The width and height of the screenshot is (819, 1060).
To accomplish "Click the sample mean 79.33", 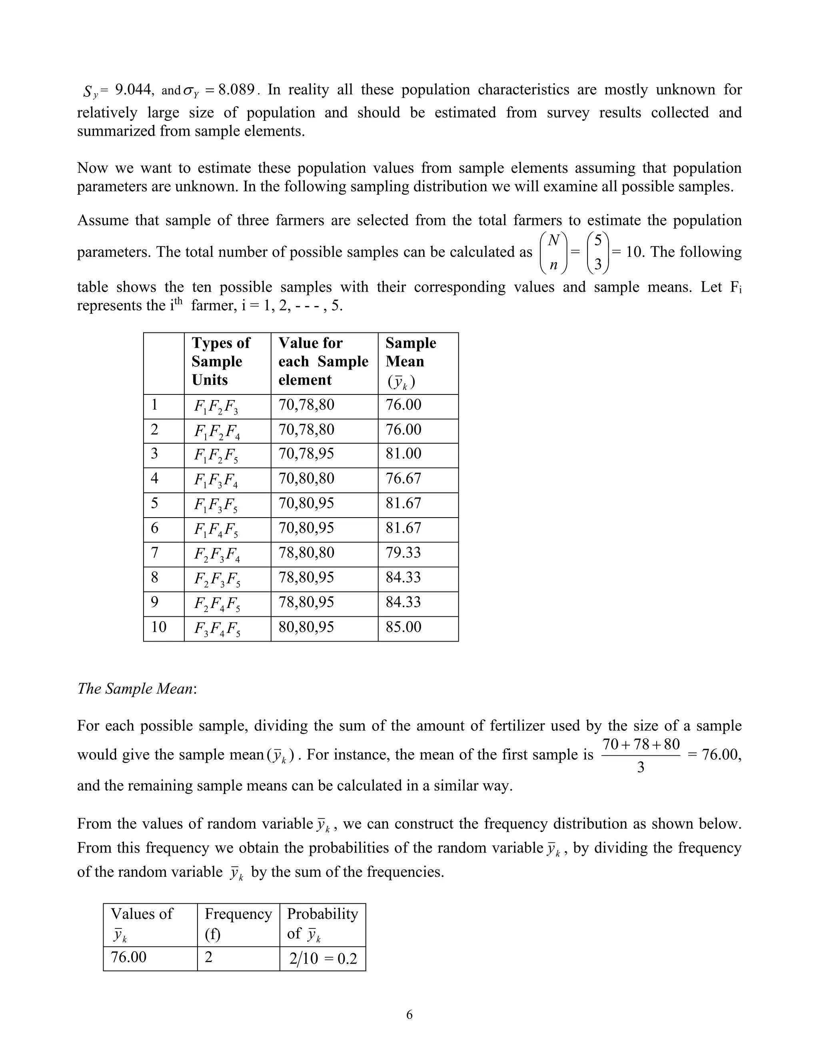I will coord(403,552).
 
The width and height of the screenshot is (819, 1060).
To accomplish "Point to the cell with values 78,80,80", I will coord(306,552).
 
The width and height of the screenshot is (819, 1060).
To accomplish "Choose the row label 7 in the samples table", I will coord(154,552).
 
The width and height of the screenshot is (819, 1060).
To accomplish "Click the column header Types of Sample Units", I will coord(221,361).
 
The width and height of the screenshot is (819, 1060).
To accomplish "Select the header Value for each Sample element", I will coord(323,361).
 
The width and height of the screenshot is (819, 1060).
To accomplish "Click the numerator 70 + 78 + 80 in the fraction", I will coord(641,744).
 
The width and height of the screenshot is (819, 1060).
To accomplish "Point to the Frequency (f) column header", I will coord(238,923).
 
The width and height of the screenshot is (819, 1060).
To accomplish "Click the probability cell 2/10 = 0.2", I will coord(323,958).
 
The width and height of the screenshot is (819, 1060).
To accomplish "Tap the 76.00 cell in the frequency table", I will coord(129,957).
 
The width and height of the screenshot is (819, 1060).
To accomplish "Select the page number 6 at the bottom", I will coord(409,1014).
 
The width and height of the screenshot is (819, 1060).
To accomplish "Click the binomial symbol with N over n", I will coord(553,252).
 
